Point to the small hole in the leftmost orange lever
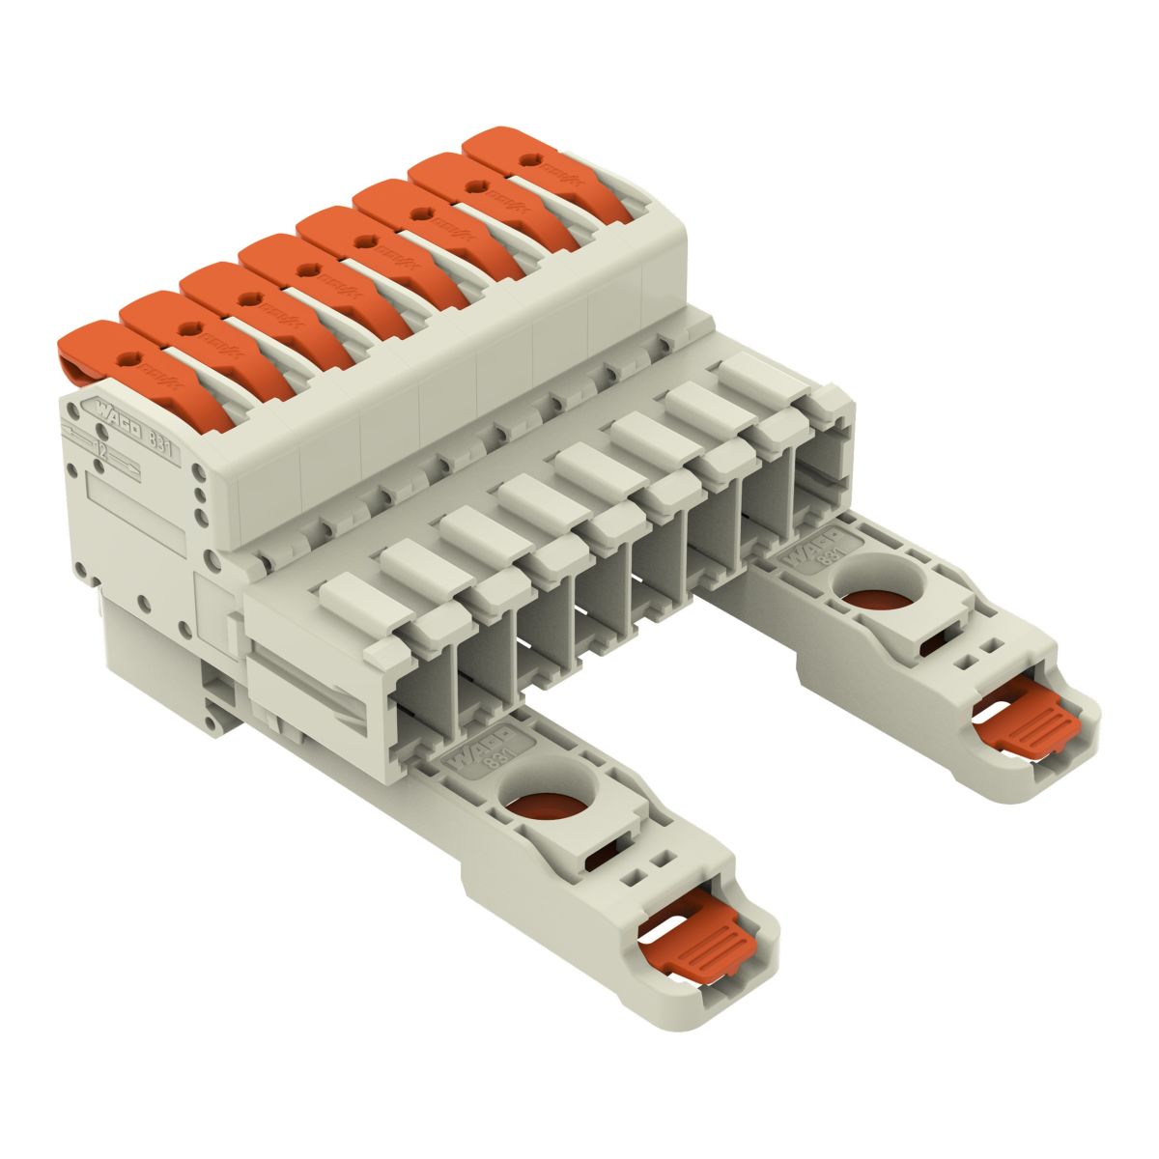pyautogui.click(x=123, y=358)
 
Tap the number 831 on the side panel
pyautogui.click(x=164, y=440)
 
